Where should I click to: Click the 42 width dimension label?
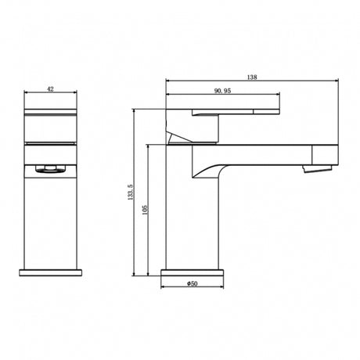(x=51, y=89)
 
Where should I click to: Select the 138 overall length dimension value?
(x=252, y=77)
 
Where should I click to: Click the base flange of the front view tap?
(x=51, y=271)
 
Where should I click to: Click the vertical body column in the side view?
(x=192, y=227)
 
